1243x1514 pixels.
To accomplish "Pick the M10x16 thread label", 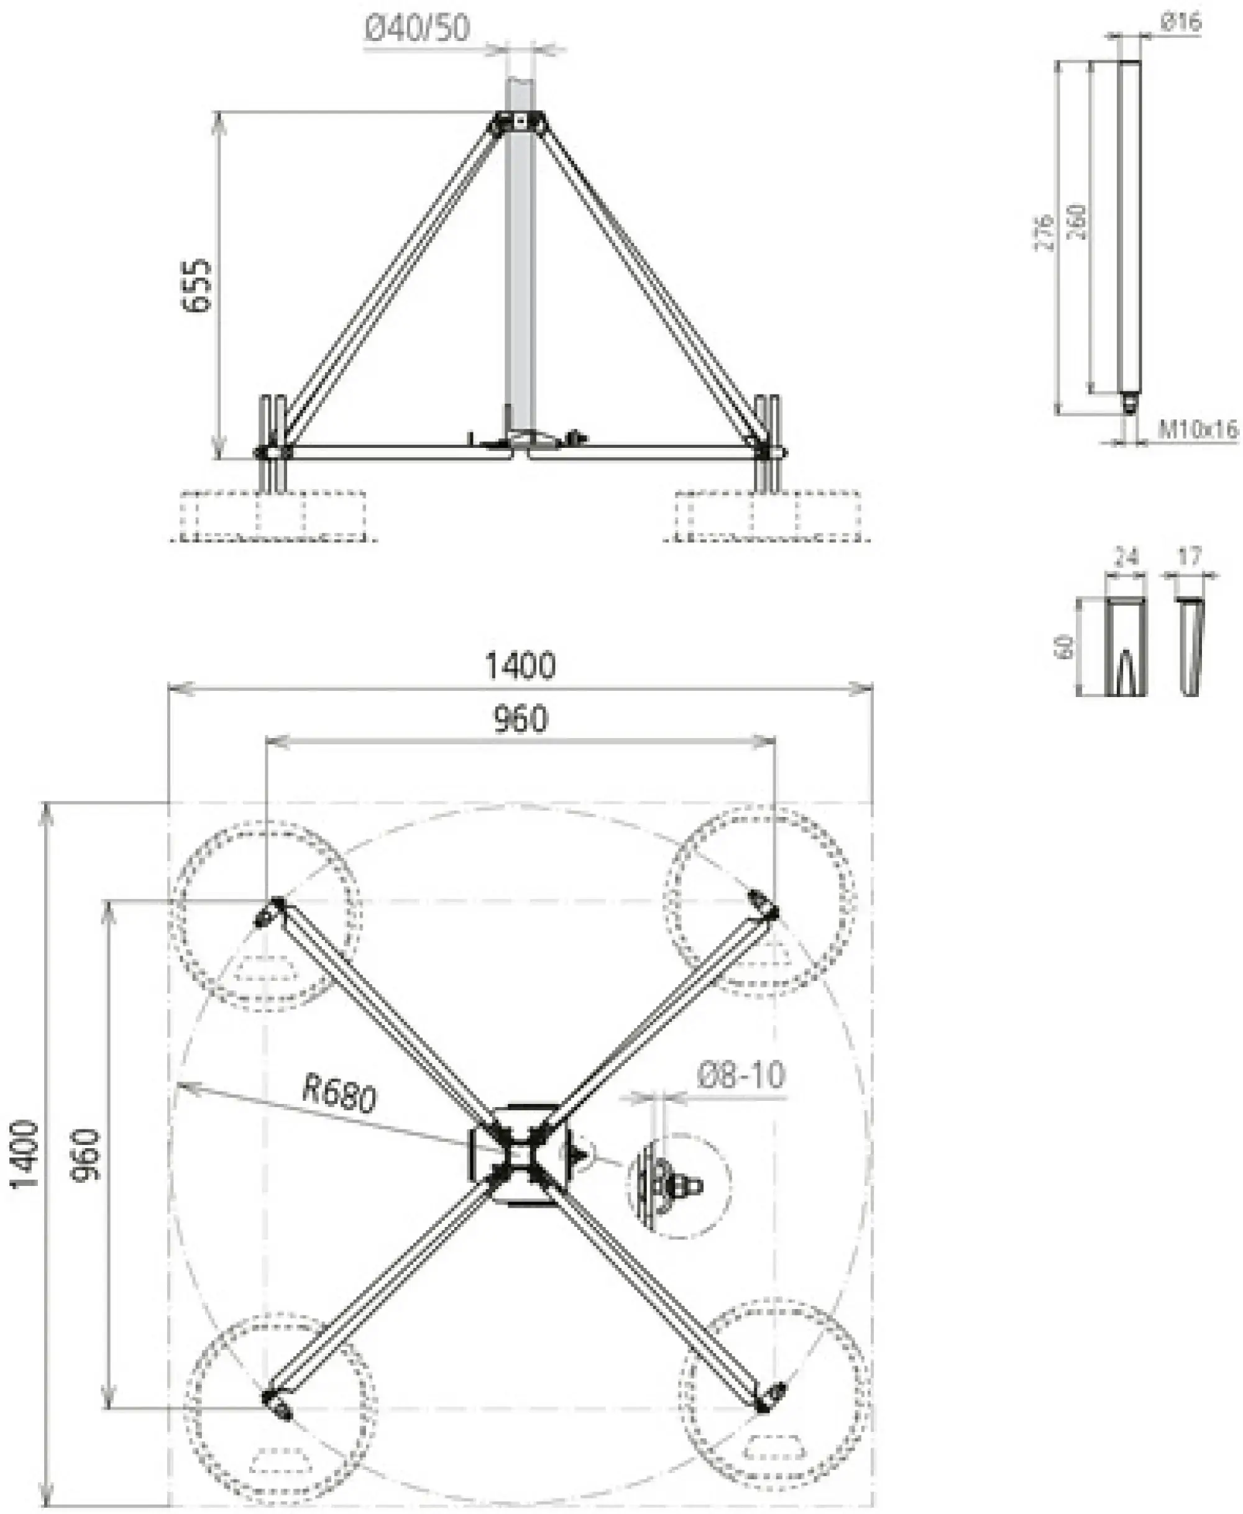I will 1197,429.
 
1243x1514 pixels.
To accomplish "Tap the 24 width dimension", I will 1126,556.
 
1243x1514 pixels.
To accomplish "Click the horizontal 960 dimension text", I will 521,719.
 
